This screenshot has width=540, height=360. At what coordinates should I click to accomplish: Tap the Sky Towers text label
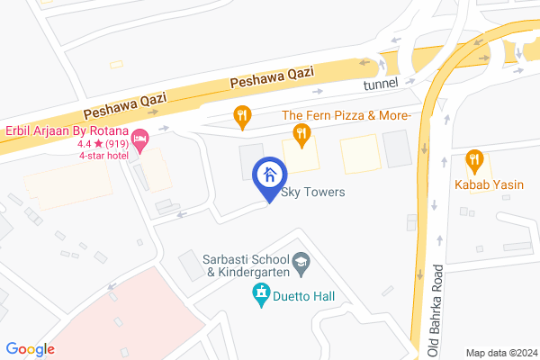pyautogui.click(x=313, y=193)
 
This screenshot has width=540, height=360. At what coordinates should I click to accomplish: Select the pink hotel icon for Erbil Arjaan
pyautogui.click(x=139, y=139)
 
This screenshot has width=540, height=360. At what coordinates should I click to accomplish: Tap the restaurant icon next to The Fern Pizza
pyautogui.click(x=301, y=136)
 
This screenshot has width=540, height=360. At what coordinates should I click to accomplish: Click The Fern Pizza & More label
pyautogui.click(x=346, y=116)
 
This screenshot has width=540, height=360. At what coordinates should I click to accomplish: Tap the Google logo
pyautogui.click(x=31, y=349)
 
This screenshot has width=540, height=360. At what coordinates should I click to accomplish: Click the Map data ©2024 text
pyautogui.click(x=500, y=352)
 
